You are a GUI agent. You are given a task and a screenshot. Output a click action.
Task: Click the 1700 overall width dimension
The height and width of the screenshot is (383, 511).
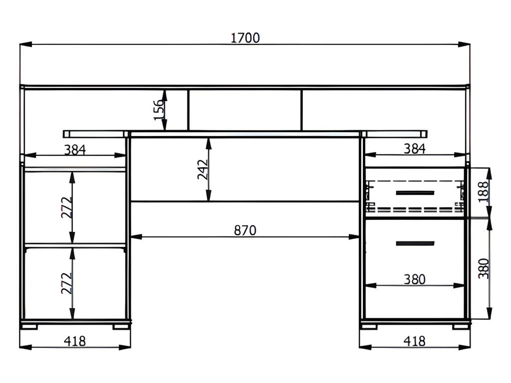pyautogui.click(x=245, y=38)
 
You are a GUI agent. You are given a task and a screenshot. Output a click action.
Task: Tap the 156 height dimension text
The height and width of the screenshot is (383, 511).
pyautogui.click(x=159, y=110)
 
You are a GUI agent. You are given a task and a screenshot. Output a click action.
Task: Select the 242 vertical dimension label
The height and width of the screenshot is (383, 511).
pyautogui.click(x=203, y=170)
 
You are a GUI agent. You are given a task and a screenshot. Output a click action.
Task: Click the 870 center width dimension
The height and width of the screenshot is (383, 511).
pyautogui.click(x=245, y=230)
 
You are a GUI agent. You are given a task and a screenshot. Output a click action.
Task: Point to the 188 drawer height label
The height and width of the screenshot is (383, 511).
pyautogui.click(x=484, y=192)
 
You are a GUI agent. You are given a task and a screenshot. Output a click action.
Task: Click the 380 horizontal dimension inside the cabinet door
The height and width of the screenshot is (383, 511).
pyautogui.click(x=414, y=279)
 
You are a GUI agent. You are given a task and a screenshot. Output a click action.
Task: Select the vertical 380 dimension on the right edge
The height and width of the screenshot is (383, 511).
pyautogui.click(x=484, y=268)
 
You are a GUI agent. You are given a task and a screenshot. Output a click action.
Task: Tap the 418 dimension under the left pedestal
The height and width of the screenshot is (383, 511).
pyautogui.click(x=75, y=341)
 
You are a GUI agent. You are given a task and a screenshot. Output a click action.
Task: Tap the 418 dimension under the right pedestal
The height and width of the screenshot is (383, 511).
pyautogui.click(x=414, y=341)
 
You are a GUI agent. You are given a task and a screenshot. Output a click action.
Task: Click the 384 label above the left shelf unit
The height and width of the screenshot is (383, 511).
pyautogui.click(x=75, y=150)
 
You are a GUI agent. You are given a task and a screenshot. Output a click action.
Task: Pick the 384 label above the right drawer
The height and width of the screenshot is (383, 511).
pyautogui.click(x=414, y=149)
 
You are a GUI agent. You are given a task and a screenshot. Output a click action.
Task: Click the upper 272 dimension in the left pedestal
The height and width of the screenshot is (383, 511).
pyautogui.click(x=66, y=207)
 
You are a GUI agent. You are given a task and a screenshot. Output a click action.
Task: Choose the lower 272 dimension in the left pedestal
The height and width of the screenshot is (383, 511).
pyautogui.click(x=66, y=283)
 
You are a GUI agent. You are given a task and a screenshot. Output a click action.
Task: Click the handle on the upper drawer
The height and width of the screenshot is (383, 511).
pyautogui.click(x=415, y=193)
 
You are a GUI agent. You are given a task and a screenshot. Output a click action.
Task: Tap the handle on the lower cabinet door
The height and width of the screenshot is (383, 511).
pyautogui.click(x=415, y=243)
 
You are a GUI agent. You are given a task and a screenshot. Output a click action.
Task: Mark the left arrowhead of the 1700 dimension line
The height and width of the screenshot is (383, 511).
pyautogui.click(x=26, y=44)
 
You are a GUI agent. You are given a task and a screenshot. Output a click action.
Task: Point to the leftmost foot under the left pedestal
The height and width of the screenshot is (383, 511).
pyautogui.click(x=29, y=326)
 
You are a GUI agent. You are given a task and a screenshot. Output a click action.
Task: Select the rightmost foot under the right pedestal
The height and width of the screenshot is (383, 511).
pyautogui.click(x=461, y=326)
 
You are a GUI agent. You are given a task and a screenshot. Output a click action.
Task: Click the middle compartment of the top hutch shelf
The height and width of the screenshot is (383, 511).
pyautogui.click(x=245, y=110)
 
